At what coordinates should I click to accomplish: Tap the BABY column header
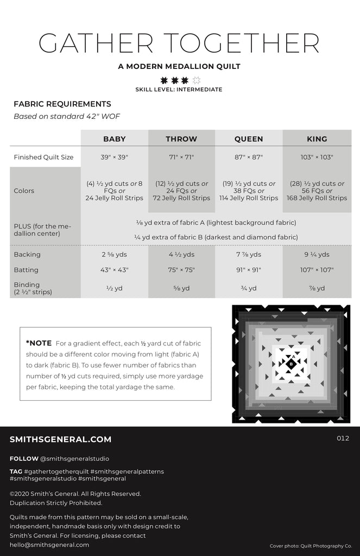(114, 139)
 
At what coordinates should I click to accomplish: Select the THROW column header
(181, 139)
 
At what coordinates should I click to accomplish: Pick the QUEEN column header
(249, 139)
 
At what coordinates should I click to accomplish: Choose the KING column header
(317, 139)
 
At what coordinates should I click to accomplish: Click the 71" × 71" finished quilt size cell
(181, 157)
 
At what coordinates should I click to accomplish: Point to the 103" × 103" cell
(317, 157)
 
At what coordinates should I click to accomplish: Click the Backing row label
(27, 254)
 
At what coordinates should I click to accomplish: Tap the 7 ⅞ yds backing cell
(249, 254)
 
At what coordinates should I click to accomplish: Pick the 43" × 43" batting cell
(114, 270)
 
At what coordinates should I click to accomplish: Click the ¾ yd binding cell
(249, 288)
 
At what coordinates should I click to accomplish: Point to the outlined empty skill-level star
(197, 80)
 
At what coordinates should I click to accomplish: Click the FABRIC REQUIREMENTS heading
(62, 104)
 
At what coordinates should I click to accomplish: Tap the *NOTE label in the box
(39, 343)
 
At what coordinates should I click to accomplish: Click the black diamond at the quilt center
(291, 363)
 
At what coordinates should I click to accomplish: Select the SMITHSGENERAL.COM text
(60, 439)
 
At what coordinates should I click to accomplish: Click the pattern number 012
(343, 438)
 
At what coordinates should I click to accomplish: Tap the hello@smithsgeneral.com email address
(49, 545)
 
